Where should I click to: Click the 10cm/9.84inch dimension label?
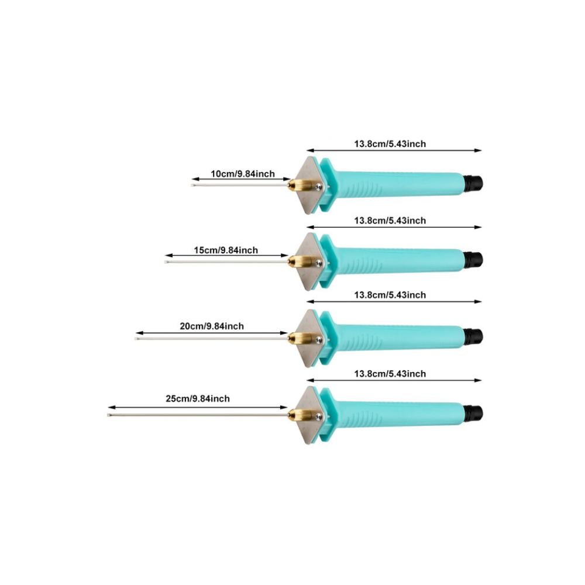pos(242,174)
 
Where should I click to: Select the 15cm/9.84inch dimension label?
pos(226,250)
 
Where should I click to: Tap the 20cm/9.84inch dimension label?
pos(212,326)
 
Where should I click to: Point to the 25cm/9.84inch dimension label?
pos(198,399)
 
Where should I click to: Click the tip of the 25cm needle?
pos(109,415)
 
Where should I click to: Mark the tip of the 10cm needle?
pos(194,185)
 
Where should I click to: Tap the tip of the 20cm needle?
pos(137,338)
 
